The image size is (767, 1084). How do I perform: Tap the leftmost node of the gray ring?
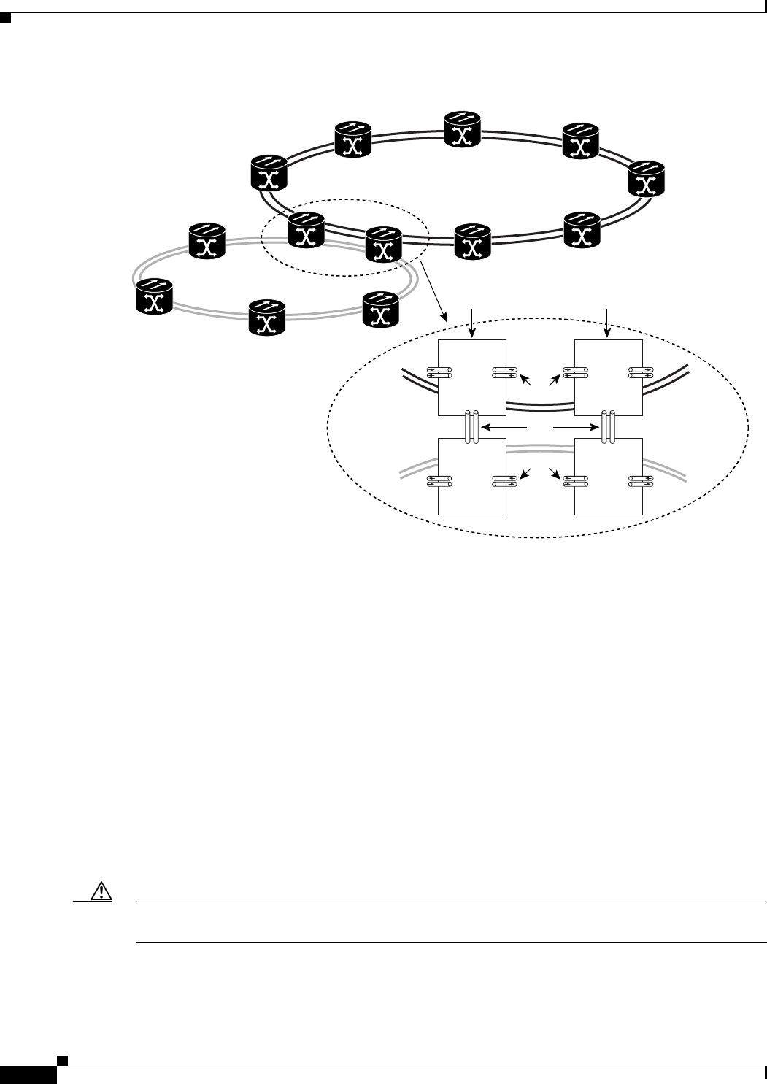coord(154,296)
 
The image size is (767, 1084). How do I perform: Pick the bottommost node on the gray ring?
coord(266,317)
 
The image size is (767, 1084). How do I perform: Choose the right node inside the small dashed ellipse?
coord(383,245)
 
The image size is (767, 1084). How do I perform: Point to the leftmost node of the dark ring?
coord(269,173)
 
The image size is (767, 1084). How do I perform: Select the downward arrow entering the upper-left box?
coord(474,323)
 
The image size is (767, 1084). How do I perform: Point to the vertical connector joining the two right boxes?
coord(609,426)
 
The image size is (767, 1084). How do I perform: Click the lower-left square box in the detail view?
coord(471,477)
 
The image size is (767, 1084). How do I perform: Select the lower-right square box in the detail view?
coord(609,477)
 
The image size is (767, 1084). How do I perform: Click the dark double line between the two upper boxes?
coord(540,402)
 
